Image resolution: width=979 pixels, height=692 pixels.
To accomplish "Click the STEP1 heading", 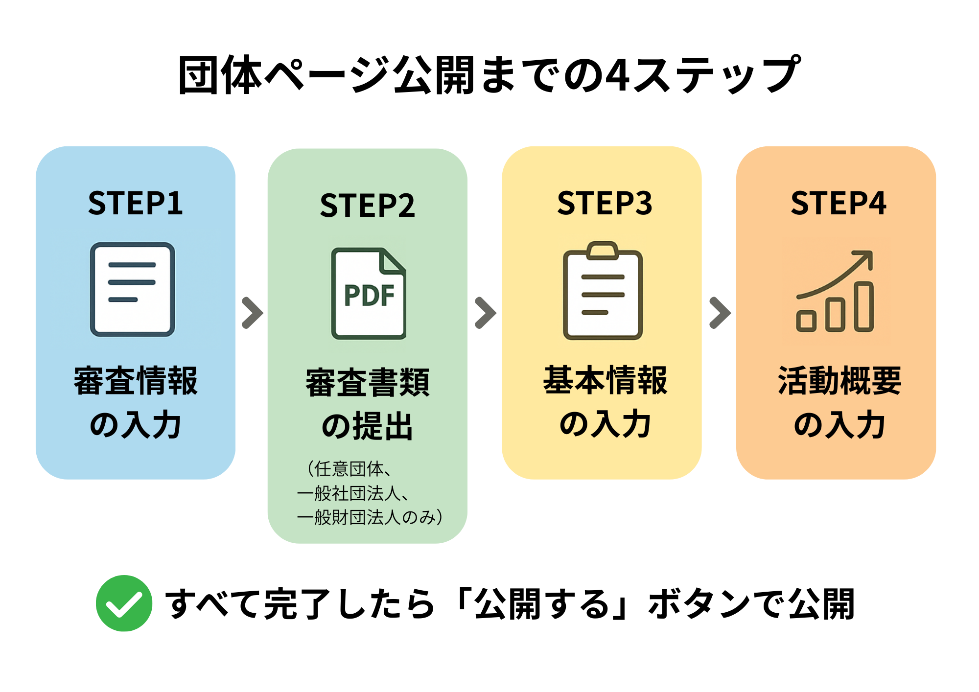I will click(x=135, y=203).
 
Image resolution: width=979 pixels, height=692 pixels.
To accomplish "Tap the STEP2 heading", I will click(x=367, y=206).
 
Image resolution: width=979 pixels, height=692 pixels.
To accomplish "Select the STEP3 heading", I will click(x=605, y=203).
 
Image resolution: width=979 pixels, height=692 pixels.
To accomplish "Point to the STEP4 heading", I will click(x=838, y=203).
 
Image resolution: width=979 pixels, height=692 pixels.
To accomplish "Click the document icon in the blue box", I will click(x=132, y=289).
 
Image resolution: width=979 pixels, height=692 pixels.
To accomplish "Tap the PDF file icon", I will click(x=369, y=294).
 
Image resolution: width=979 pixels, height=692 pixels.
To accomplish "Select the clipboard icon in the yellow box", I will click(x=603, y=291).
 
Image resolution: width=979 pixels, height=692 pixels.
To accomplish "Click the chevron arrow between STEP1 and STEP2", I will click(x=253, y=313).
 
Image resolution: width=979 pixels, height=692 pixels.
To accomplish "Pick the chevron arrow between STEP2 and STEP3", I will click(x=486, y=313).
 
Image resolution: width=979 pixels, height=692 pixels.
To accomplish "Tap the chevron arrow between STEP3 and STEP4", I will click(x=720, y=313).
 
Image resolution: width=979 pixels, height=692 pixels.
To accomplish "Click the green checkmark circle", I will click(x=124, y=603).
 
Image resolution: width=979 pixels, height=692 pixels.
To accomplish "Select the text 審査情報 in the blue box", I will click(x=136, y=381).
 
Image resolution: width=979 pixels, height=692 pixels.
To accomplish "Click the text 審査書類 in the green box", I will click(x=367, y=383).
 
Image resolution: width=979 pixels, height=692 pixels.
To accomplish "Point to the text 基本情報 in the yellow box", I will click(x=605, y=380).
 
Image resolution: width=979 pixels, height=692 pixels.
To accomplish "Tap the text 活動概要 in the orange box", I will click(x=839, y=381).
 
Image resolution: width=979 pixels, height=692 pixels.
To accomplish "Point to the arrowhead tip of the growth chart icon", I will click(x=870, y=253).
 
